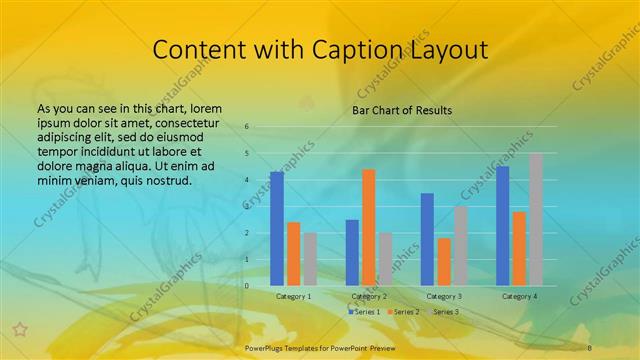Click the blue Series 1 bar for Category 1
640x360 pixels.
pyautogui.click(x=277, y=229)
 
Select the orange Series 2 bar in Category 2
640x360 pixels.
pyautogui.click(x=369, y=227)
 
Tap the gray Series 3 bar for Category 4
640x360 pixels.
pyautogui.click(x=536, y=219)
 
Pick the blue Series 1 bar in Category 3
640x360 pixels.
pyautogui.click(x=427, y=239)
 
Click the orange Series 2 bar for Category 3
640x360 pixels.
pyautogui.click(x=444, y=261)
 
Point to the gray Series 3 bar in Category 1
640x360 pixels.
pyautogui.click(x=310, y=259)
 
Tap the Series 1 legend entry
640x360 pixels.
pyautogui.click(x=364, y=312)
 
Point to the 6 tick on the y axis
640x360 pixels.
pyautogui.click(x=246, y=127)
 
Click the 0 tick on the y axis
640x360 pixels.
pyautogui.click(x=246, y=286)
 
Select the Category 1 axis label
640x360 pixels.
pyautogui.click(x=293, y=296)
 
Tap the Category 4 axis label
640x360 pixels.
pyautogui.click(x=519, y=296)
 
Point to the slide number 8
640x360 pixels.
pyautogui.click(x=590, y=346)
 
